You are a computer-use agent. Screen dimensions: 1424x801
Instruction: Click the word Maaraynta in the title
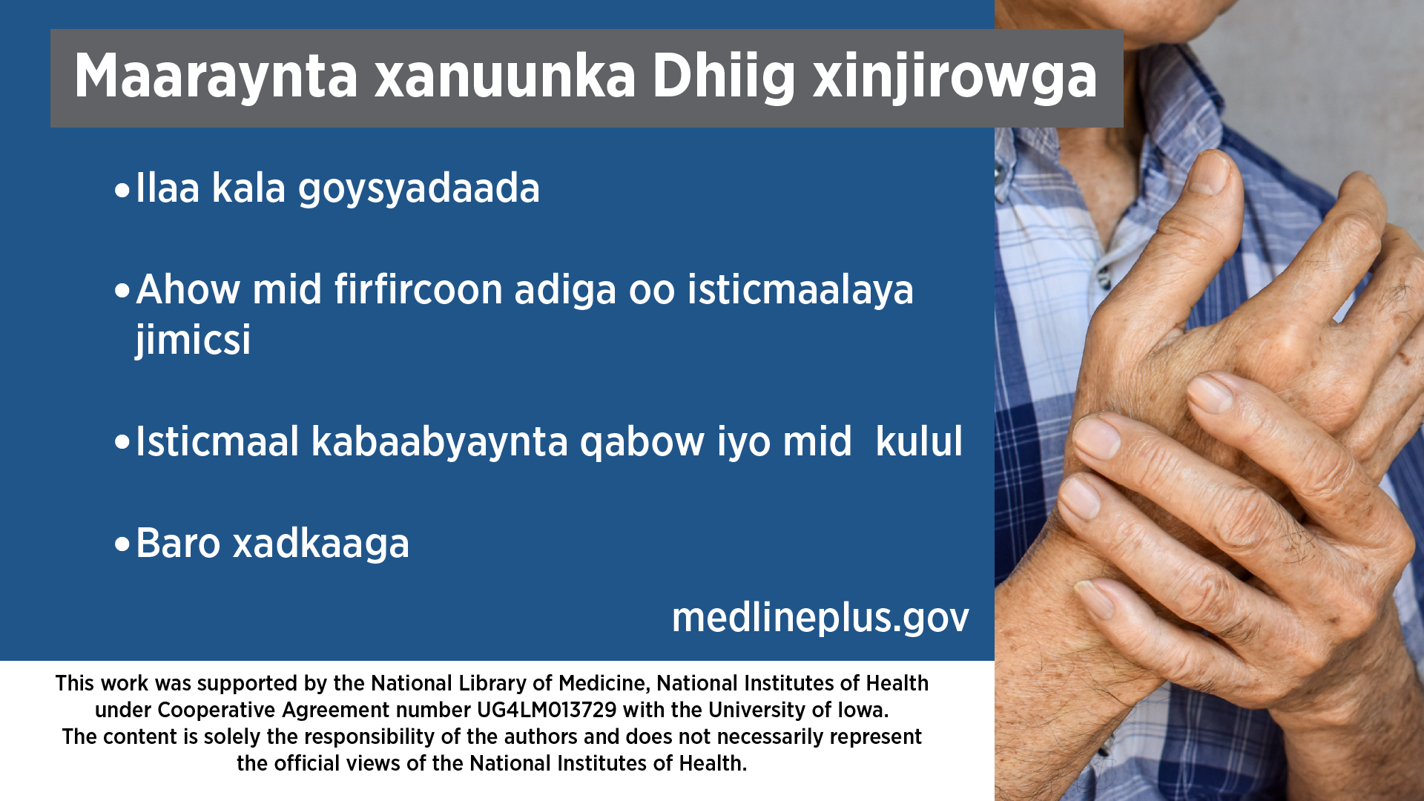(x=216, y=77)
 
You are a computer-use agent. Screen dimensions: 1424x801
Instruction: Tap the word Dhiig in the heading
(x=724, y=77)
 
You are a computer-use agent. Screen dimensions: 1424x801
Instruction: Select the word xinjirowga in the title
(x=955, y=77)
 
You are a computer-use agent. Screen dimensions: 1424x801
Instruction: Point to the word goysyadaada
(x=419, y=189)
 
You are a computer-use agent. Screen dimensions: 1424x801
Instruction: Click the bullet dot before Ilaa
(x=122, y=191)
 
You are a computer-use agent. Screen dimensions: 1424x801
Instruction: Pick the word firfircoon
(x=418, y=289)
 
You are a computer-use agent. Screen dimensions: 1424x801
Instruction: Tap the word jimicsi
(x=193, y=340)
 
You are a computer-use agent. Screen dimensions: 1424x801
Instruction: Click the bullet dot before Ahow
(x=122, y=291)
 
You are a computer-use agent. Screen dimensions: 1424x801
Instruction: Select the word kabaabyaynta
(x=440, y=443)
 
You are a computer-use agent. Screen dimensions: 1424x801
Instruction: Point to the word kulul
(x=919, y=442)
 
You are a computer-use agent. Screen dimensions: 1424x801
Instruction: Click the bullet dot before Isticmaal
(x=122, y=444)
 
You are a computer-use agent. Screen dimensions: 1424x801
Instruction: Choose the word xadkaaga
(x=321, y=544)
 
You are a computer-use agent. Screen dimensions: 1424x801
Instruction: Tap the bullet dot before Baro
(x=122, y=545)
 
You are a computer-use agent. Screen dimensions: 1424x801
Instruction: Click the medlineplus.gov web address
(x=820, y=618)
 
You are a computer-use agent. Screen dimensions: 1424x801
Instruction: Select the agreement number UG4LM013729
(x=547, y=711)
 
